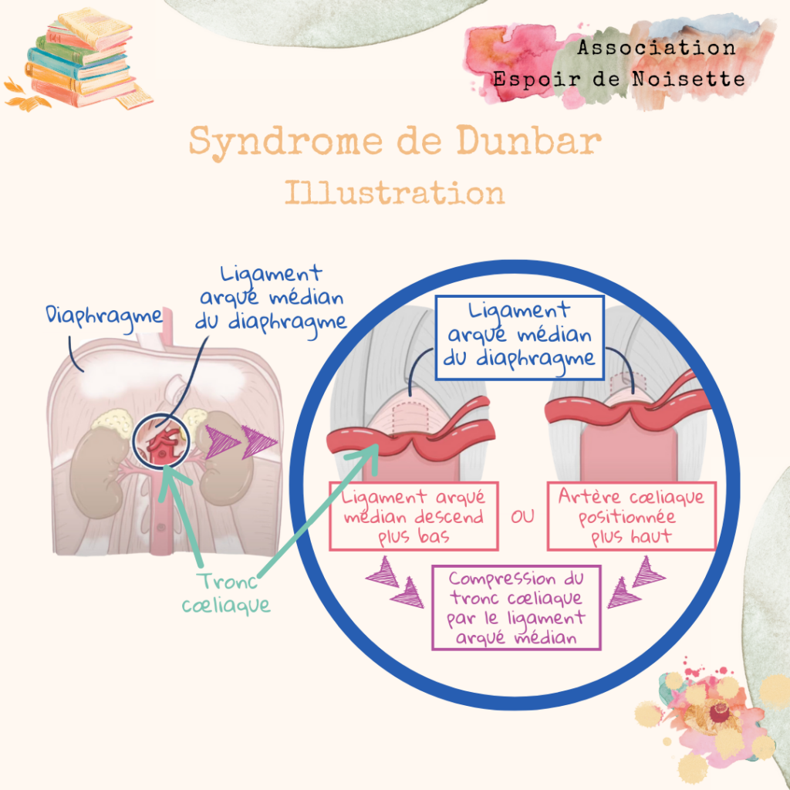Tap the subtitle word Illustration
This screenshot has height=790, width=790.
(394, 193)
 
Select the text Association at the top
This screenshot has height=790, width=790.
(657, 48)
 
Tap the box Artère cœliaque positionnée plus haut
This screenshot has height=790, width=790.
(631, 516)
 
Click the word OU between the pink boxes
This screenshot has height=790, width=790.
(522, 516)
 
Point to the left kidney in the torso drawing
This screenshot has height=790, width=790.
(93, 463)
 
